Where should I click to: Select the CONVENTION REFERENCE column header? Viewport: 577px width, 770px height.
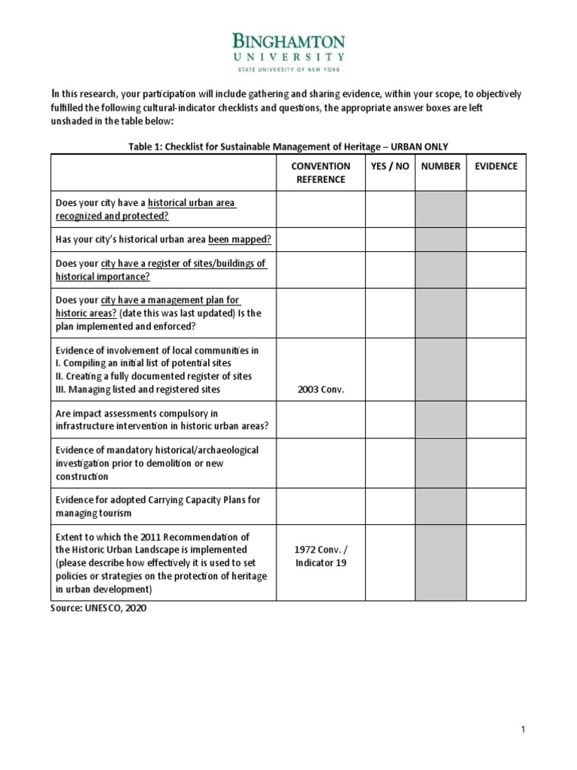321,172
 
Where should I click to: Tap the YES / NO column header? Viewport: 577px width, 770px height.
390,166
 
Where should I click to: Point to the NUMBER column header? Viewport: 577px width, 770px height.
440,166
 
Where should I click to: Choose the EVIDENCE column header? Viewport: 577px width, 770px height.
496,166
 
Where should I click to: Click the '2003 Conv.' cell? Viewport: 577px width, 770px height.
321,390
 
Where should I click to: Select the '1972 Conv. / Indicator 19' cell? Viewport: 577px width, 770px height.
321,556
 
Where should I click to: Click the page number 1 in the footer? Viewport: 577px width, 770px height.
522,729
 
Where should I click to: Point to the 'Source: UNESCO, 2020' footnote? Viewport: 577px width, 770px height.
98,608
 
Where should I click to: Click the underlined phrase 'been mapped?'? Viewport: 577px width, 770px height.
240,239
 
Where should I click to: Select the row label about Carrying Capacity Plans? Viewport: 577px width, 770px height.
158,506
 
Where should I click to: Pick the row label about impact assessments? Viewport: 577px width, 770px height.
162,420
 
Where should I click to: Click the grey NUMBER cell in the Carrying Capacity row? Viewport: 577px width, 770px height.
440,506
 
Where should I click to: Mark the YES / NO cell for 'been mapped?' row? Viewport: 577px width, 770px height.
390,239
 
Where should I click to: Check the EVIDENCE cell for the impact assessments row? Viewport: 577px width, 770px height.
496,420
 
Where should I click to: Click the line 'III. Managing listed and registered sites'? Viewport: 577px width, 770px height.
138,390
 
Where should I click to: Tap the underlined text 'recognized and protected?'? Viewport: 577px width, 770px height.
112,216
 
